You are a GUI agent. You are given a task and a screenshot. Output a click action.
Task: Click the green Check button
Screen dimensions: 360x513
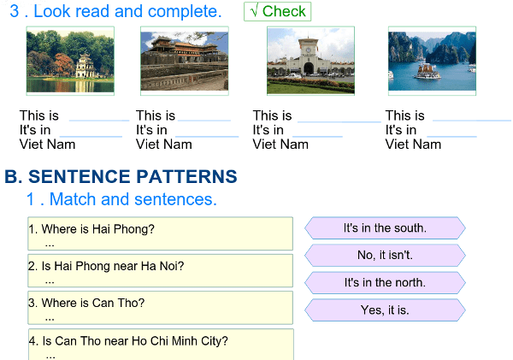click(277, 12)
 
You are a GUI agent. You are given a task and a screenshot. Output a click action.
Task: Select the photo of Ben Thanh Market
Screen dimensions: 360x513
click(310, 59)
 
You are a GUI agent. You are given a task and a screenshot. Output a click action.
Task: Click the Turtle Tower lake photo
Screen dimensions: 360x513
click(70, 59)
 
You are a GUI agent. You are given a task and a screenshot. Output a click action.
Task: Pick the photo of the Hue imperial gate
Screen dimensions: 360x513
click(184, 59)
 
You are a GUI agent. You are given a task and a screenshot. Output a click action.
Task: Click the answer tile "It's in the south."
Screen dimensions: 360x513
click(385, 228)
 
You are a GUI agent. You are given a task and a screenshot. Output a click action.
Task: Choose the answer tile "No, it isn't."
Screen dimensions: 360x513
click(385, 255)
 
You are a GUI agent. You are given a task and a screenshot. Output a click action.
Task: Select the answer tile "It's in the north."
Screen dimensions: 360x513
click(385, 282)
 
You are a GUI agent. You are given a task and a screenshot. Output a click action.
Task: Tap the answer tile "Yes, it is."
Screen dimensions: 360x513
click(385, 310)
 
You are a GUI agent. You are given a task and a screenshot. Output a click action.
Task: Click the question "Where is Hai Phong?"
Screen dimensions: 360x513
click(160, 233)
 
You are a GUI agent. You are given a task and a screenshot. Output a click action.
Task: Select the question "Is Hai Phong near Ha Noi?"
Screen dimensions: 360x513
click(160, 270)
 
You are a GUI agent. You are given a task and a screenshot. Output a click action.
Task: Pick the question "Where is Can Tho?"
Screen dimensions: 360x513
click(160, 307)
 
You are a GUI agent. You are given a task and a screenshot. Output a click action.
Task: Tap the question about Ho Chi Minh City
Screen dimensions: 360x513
click(160, 344)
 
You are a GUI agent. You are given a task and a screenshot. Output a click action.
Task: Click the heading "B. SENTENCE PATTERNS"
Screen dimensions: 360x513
click(121, 177)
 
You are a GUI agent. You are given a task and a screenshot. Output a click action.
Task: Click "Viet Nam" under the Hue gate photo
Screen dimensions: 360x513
click(164, 145)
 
